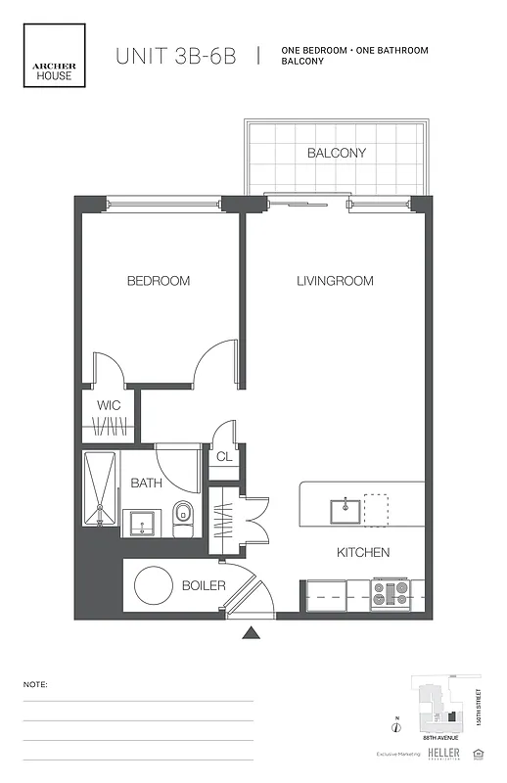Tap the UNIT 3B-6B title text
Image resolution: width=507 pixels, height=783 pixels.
point(176,56)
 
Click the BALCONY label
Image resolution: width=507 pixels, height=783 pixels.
point(336,154)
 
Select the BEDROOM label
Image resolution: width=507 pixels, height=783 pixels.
point(159,281)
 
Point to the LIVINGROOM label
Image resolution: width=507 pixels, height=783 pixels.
point(335,281)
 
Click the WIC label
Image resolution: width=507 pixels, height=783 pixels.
point(108,405)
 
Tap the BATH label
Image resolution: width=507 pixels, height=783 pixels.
point(146,483)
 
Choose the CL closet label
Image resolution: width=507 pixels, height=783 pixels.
point(223,456)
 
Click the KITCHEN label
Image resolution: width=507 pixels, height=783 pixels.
point(363,553)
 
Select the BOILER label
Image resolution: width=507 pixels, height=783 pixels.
point(204,586)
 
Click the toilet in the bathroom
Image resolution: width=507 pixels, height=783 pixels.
point(183,518)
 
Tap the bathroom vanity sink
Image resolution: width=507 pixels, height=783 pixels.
point(143,522)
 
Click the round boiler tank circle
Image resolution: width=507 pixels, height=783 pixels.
point(154,586)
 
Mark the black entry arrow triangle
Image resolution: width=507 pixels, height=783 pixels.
point(253,633)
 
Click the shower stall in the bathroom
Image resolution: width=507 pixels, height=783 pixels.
point(100,489)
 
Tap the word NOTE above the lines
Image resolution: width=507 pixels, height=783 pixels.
point(35,685)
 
